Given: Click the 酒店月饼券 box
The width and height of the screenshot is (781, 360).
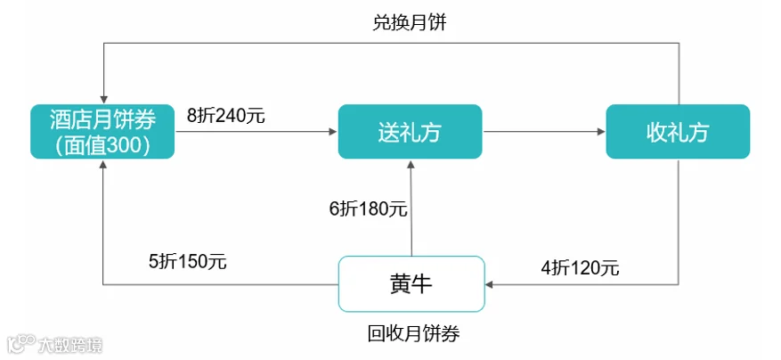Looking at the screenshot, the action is coord(102,132).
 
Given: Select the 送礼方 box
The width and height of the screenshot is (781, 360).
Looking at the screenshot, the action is coord(410,132).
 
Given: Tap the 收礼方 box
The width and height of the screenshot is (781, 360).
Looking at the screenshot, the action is coord(678,132).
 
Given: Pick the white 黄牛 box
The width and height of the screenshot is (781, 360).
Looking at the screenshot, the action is coord(411,283).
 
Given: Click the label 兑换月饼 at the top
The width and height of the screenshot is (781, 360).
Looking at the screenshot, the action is coord(410,23).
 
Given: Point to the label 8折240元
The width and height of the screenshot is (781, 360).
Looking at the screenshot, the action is coord(226,116).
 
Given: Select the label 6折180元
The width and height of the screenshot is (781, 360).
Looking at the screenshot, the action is coord(368,209).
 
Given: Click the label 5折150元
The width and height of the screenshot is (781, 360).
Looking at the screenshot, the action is coord(188,261).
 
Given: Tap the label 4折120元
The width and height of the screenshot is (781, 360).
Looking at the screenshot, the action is coord(581,268).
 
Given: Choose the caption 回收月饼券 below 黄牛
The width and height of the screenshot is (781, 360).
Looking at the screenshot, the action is coord(413,333).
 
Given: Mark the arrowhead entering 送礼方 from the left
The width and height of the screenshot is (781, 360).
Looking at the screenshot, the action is coord(334,132).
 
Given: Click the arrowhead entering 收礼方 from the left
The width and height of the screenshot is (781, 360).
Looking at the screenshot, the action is coord(601,132).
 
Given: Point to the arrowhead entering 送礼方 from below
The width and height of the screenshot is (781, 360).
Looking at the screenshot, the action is coord(411,164).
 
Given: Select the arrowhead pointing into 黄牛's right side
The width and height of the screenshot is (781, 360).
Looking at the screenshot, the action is coord(490,285).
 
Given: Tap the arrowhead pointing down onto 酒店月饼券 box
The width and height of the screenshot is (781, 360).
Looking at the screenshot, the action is coord(103,99).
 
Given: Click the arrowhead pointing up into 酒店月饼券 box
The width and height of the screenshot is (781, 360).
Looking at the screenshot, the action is coord(103,164).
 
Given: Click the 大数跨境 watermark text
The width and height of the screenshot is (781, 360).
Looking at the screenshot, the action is coord(69,345).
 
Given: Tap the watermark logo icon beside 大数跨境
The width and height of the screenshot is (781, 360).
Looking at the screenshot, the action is coord(21,344).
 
